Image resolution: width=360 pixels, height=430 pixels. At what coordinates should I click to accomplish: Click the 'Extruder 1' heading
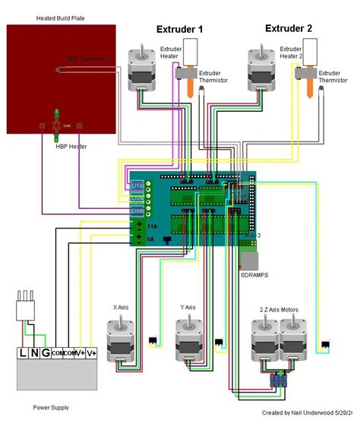point(180,30)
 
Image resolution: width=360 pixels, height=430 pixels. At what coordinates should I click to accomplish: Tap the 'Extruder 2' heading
point(289,28)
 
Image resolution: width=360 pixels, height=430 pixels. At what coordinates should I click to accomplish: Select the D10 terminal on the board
point(137,185)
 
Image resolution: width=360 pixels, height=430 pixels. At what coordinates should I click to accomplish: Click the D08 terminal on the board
point(137,210)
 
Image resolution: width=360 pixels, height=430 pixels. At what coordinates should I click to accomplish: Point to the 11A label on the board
point(152,226)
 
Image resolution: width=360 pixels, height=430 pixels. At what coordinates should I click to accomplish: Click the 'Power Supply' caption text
point(51,407)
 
